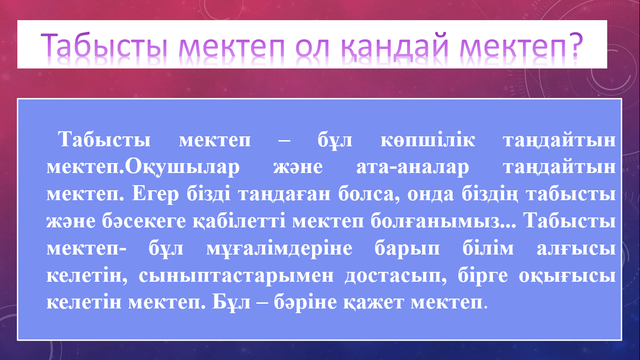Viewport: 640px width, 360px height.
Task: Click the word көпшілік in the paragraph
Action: pyautogui.click(x=428, y=140)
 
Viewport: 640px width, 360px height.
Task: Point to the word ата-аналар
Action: pyautogui.click(x=413, y=167)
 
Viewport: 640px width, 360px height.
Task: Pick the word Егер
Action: pyautogui.click(x=156, y=195)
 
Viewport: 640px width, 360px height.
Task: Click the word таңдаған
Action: pyautogui.click(x=284, y=195)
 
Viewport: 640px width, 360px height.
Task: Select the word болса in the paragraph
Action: pyautogui.click(x=369, y=195)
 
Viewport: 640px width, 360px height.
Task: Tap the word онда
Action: pyautogui.click(x=431, y=195)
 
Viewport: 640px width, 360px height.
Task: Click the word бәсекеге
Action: pyautogui.click(x=144, y=221)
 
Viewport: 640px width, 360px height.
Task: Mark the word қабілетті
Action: pyautogui.click(x=239, y=222)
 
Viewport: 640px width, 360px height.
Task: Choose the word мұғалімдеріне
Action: pyautogui.click(x=279, y=249)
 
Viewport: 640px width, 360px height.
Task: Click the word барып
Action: pyautogui.click(x=407, y=249)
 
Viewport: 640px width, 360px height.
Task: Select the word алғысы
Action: pyautogui.click(x=576, y=249)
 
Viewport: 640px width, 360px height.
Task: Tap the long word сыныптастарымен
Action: pyautogui.click(x=236, y=276)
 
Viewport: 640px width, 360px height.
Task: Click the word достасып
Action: pyautogui.click(x=396, y=276)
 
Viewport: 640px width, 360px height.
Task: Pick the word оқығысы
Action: pyautogui.click(x=567, y=277)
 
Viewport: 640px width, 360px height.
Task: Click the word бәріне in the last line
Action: pyautogui.click(x=305, y=302)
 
